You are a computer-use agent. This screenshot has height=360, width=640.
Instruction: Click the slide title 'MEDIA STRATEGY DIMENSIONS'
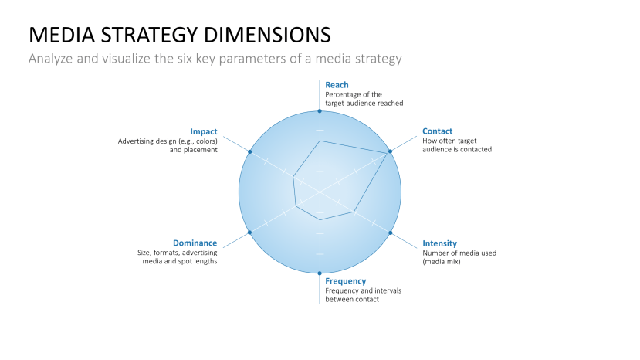coord(180,35)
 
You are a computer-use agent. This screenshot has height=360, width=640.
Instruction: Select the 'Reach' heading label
coord(337,85)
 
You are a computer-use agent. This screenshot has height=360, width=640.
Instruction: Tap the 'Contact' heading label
coord(437,131)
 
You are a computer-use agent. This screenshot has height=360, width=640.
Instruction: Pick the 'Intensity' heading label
coord(439,243)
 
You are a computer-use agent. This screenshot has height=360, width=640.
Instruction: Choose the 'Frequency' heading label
coord(345,281)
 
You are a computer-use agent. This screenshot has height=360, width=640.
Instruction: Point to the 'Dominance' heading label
coord(195,243)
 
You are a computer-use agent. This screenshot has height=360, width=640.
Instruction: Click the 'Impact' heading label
coord(204,131)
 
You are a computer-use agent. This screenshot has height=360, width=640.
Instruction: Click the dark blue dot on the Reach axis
coord(320,110)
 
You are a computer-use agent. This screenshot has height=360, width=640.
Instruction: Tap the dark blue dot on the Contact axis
coord(390,151)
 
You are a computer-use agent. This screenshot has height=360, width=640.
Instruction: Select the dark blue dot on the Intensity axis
coord(390,233)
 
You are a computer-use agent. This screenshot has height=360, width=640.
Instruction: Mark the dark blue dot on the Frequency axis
coord(320,273)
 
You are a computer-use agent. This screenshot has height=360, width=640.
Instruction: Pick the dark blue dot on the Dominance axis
coord(249,233)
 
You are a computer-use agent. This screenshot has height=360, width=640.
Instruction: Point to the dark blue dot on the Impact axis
coord(249,151)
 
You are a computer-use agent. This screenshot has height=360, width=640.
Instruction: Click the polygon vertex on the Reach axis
coord(320,141)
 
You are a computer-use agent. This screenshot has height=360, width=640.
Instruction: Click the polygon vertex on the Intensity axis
coord(354,212)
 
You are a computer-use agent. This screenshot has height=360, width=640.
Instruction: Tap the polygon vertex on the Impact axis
coord(293,177)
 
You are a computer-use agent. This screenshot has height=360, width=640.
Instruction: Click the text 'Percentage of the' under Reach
coord(353,94)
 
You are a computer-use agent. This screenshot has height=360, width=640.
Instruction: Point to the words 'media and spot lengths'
coord(180,262)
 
